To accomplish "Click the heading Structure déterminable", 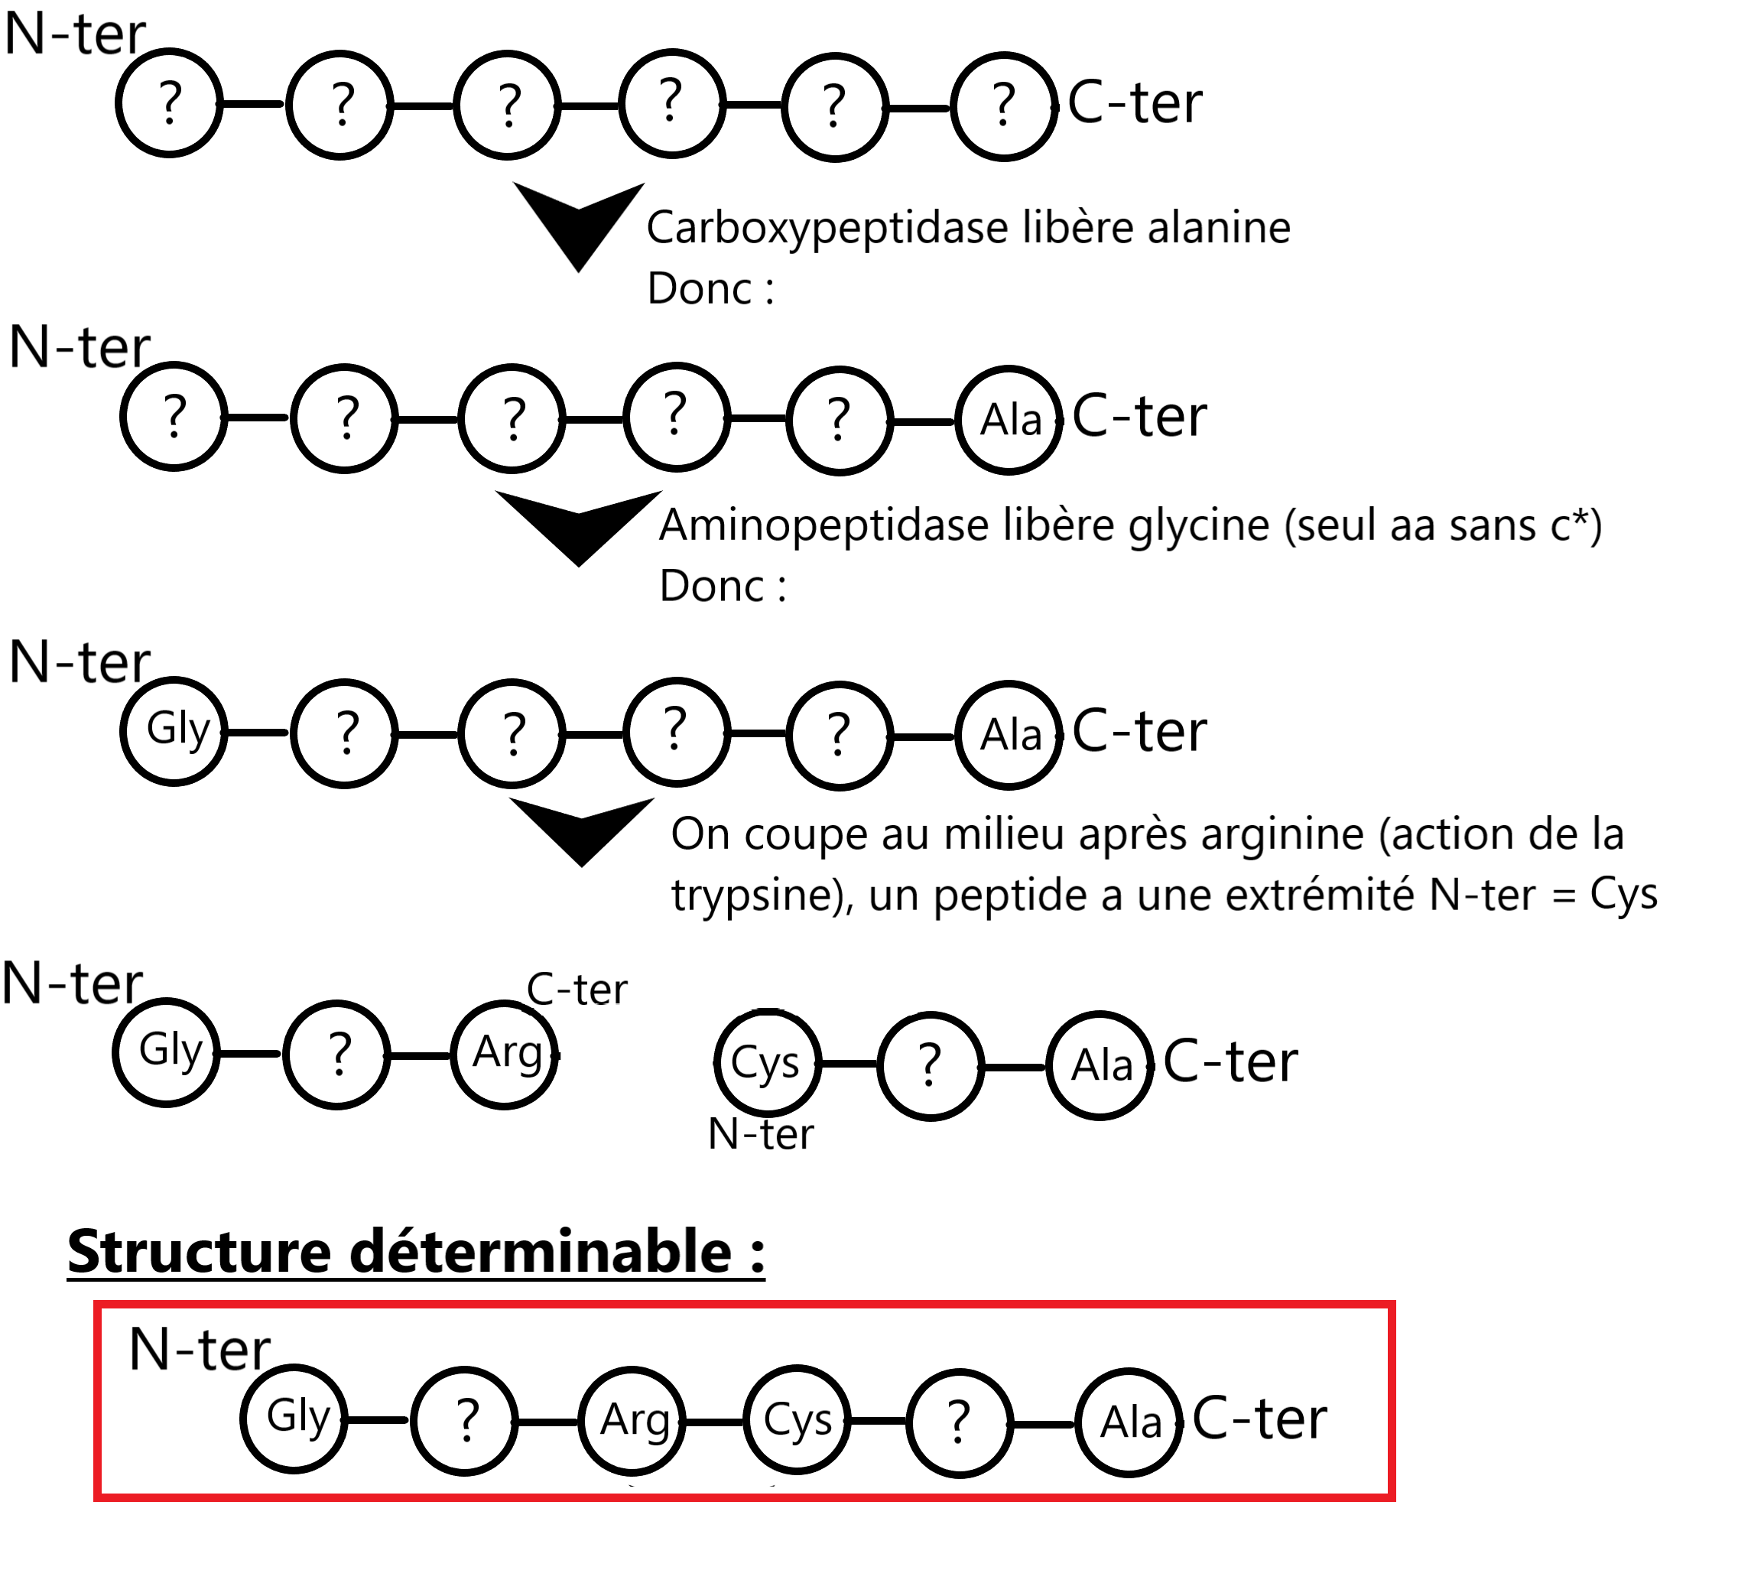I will (416, 1252).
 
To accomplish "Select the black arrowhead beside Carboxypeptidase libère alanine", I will (580, 224).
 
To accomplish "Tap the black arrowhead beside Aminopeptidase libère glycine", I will (580, 525).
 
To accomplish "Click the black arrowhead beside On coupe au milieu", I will (582, 829).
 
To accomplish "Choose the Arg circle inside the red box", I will (633, 1422).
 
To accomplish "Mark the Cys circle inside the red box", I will (797, 1422).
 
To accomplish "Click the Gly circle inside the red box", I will (294, 1419).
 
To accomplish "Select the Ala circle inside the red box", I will (1129, 1423).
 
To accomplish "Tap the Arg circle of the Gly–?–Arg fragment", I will (505, 1055).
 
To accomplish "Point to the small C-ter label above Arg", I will (577, 990).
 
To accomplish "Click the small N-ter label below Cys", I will (761, 1135).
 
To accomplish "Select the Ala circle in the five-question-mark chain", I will (1009, 421).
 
